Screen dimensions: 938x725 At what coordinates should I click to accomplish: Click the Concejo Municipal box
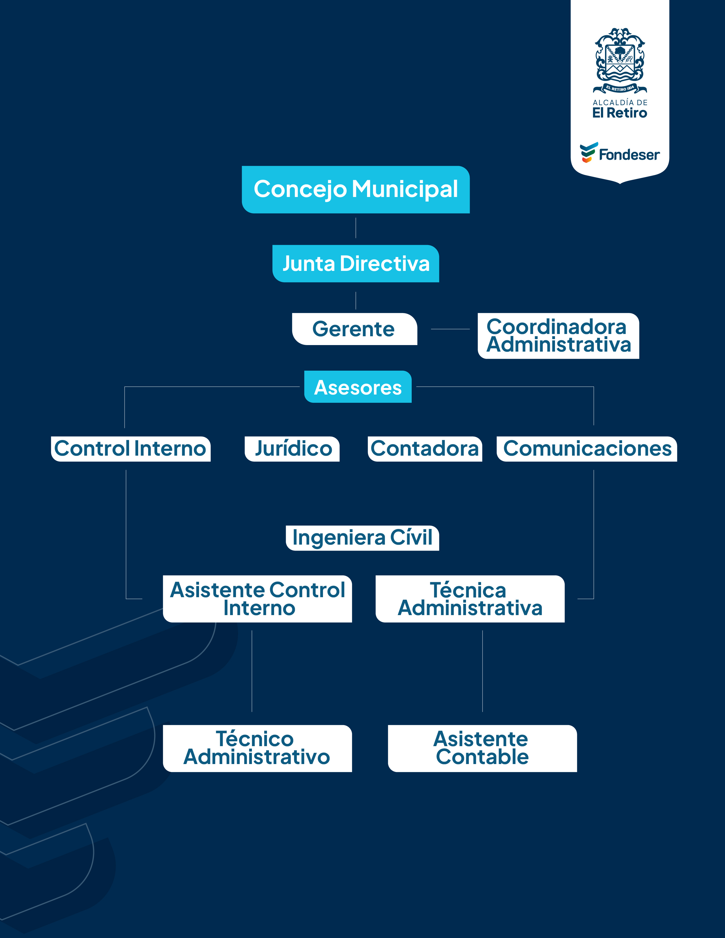356,189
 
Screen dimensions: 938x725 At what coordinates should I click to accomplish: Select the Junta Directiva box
356,264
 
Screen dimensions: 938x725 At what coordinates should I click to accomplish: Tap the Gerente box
354,329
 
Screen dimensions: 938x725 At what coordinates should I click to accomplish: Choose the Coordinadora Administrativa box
558,336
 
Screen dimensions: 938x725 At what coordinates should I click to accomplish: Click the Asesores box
358,387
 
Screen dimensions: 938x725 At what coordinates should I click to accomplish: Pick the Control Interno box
130,449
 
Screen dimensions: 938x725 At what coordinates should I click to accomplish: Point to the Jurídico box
292,449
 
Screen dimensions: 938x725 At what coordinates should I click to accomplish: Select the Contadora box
425,449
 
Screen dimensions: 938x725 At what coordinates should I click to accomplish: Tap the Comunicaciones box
587,449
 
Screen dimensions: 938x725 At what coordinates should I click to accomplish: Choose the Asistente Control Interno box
257,599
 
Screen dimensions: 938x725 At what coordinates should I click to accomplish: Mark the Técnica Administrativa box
470,599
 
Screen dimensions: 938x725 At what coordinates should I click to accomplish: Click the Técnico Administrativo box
257,748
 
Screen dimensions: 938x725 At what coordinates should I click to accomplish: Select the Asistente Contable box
482,748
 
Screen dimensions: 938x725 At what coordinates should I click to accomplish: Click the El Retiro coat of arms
620,60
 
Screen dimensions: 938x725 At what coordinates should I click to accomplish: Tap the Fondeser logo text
629,155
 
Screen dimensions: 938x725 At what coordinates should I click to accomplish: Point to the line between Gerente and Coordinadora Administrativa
450,329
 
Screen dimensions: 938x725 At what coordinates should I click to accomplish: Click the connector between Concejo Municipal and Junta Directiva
356,228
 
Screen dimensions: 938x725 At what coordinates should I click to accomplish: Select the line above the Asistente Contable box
482,671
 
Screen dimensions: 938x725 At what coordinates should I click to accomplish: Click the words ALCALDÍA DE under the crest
620,103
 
